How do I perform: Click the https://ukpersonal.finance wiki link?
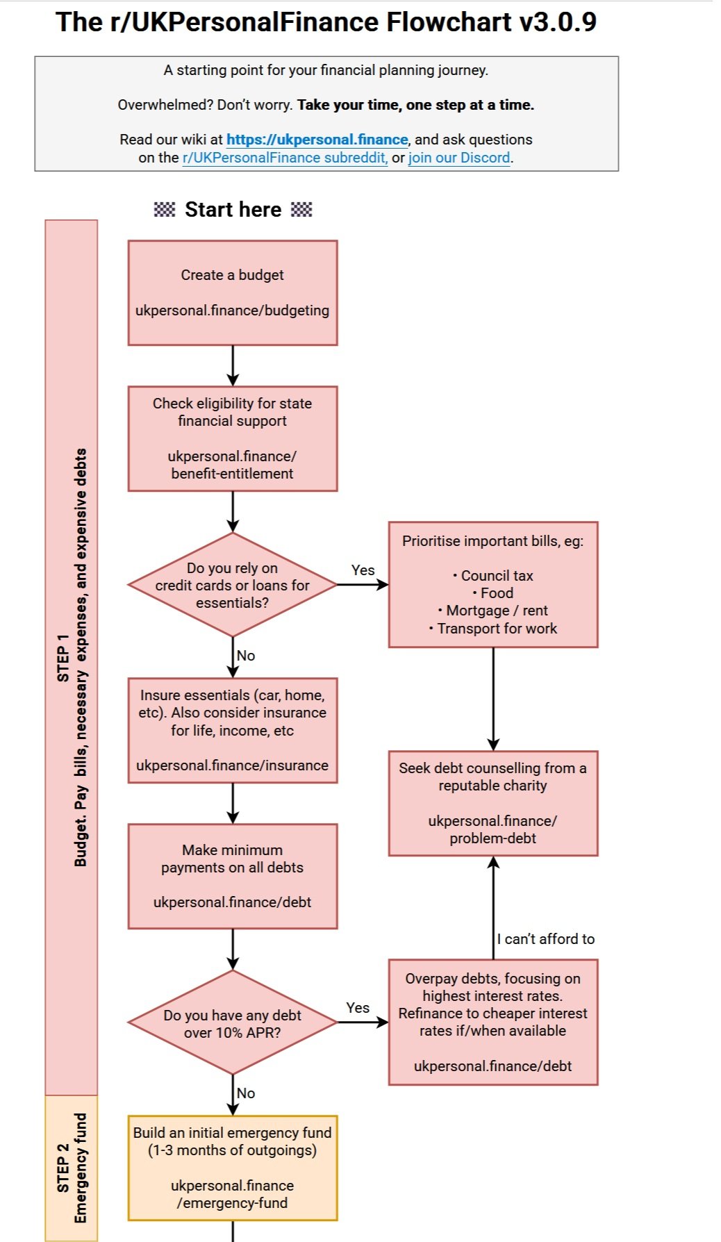[317, 140]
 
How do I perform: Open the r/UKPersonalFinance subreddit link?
[285, 158]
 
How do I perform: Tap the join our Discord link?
[459, 158]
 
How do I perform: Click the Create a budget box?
[233, 293]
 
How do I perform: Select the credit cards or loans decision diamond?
[233, 585]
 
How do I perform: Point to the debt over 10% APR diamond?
[233, 1022]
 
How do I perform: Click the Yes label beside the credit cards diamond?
[363, 570]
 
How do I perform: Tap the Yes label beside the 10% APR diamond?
[358, 1008]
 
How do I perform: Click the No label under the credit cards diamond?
[246, 656]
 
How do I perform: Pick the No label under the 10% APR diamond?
[246, 1093]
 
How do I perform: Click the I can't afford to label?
[546, 939]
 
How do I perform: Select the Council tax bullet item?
[493, 576]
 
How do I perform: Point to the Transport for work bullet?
[493, 629]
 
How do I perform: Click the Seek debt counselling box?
[493, 803]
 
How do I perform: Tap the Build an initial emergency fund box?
[233, 1168]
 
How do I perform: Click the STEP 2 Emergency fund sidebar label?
[72, 1168]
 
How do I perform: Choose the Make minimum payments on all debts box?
[233, 877]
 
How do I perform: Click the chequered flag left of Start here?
[165, 209]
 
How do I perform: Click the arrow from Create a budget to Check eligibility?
[233, 365]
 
